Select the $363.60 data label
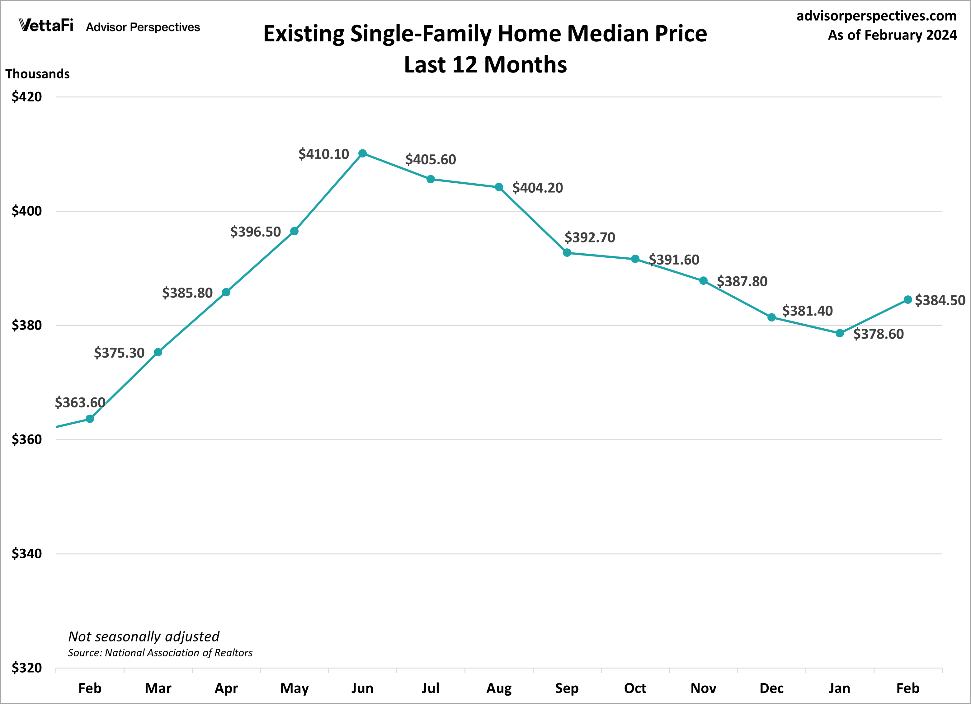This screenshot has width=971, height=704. pos(80,403)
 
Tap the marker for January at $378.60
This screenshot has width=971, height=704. pos(840,333)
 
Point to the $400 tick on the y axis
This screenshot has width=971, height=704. pos(26,211)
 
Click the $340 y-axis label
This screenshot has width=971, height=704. pos(26,554)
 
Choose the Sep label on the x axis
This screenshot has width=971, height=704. pos(567,688)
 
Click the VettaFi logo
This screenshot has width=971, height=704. pos(46,26)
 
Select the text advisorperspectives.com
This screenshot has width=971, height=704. pos(876,16)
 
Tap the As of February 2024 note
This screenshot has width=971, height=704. pos(892,35)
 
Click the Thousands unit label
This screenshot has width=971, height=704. pos(37,74)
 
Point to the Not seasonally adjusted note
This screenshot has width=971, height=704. pos(144,636)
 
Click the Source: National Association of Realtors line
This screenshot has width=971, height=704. pos(160,653)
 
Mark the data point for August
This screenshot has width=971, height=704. pos(499,187)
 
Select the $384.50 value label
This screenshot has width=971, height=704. pos(940,300)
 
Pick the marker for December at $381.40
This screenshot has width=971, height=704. pos(771,317)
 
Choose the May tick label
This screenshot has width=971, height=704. pos(294,688)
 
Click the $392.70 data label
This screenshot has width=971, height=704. pos(590,237)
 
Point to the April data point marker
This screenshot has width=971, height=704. pos(226,292)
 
